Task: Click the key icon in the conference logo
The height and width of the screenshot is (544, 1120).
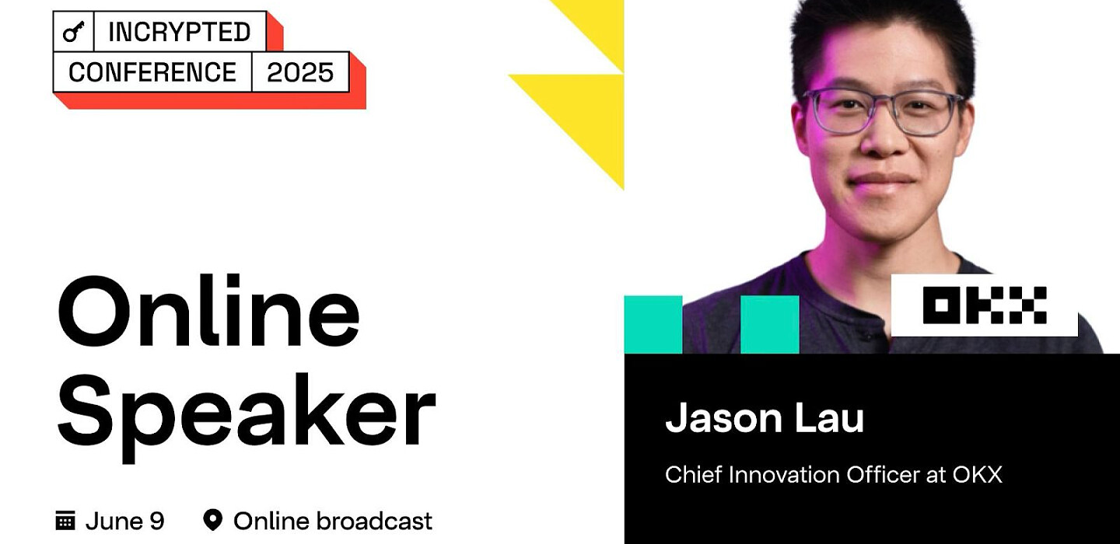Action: pyautogui.click(x=73, y=33)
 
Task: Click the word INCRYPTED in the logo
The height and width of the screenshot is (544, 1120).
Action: pyautogui.click(x=180, y=32)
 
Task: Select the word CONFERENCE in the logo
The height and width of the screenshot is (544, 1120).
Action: pyautogui.click(x=152, y=72)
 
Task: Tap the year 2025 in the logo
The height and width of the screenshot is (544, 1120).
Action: pyautogui.click(x=300, y=72)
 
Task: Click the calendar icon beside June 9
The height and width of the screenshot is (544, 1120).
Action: pyautogui.click(x=65, y=521)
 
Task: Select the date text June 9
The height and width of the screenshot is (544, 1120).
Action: pyautogui.click(x=125, y=521)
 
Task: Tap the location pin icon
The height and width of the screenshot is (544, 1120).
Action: pyautogui.click(x=212, y=520)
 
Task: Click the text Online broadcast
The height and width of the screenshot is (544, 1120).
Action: pyautogui.click(x=333, y=521)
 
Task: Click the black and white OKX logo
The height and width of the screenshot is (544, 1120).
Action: pyautogui.click(x=985, y=305)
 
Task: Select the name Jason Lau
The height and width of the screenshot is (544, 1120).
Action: pyautogui.click(x=765, y=417)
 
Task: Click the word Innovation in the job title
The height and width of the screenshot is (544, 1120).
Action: pyautogui.click(x=783, y=475)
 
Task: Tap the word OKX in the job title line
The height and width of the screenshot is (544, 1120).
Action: pyautogui.click(x=977, y=475)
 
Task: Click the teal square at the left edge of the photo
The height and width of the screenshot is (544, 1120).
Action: pyautogui.click(x=653, y=325)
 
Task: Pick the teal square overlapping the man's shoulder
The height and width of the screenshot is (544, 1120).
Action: pyautogui.click(x=770, y=325)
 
